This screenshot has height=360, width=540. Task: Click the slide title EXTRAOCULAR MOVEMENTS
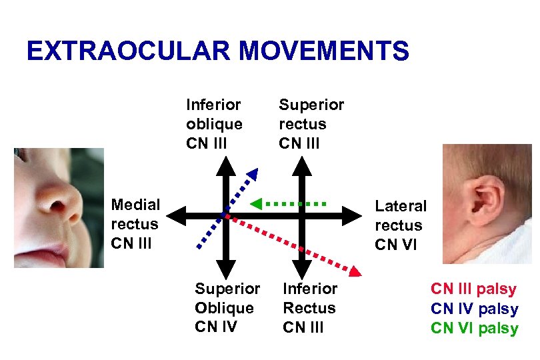(217, 51)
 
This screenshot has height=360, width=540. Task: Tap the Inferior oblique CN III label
(214, 124)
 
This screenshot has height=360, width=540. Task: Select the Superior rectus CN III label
(311, 124)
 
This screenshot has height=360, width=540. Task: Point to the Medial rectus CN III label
(135, 223)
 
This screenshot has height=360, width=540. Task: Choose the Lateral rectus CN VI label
(400, 225)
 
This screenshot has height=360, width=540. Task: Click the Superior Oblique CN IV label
(227, 307)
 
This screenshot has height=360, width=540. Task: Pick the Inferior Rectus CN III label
(310, 307)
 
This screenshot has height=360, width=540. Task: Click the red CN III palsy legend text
(473, 289)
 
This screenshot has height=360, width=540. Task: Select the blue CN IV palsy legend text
(474, 309)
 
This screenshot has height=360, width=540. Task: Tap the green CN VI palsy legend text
(474, 328)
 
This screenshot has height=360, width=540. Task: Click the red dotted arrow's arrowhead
(356, 271)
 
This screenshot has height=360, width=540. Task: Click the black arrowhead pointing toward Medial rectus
(174, 215)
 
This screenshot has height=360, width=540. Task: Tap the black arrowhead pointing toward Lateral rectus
(351, 215)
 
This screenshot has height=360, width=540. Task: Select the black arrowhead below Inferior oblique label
(225, 163)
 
